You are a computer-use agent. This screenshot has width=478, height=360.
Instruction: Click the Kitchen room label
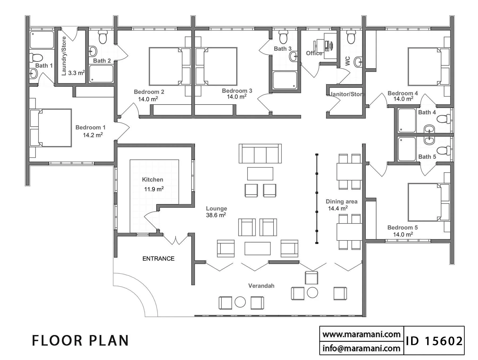152,180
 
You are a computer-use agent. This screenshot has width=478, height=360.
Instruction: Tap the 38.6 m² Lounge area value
216,215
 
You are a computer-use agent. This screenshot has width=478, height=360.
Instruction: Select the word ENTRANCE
159,259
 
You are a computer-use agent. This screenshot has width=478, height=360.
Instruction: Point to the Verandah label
261,286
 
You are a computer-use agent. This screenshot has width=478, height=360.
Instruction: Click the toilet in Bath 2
103,37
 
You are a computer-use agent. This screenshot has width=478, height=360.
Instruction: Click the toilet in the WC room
351,37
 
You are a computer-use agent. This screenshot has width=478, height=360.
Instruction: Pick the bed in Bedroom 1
51,128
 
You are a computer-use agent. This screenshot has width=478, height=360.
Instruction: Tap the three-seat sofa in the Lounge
260,154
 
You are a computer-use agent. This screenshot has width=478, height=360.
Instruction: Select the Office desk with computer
328,46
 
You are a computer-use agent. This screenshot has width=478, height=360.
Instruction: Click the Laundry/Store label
64,56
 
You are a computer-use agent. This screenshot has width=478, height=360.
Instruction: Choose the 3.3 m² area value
76,73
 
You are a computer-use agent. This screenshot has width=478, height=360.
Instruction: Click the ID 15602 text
434,341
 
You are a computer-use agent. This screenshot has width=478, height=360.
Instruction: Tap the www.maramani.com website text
361,334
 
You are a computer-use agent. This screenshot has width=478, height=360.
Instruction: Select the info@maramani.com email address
361,348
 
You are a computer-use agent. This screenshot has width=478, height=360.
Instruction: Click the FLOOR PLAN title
80,341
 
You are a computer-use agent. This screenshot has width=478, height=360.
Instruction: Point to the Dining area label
342,201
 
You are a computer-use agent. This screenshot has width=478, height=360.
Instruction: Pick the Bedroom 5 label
403,227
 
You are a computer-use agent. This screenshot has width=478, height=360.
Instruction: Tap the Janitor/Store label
347,94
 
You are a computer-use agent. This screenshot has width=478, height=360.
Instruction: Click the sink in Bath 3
293,56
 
